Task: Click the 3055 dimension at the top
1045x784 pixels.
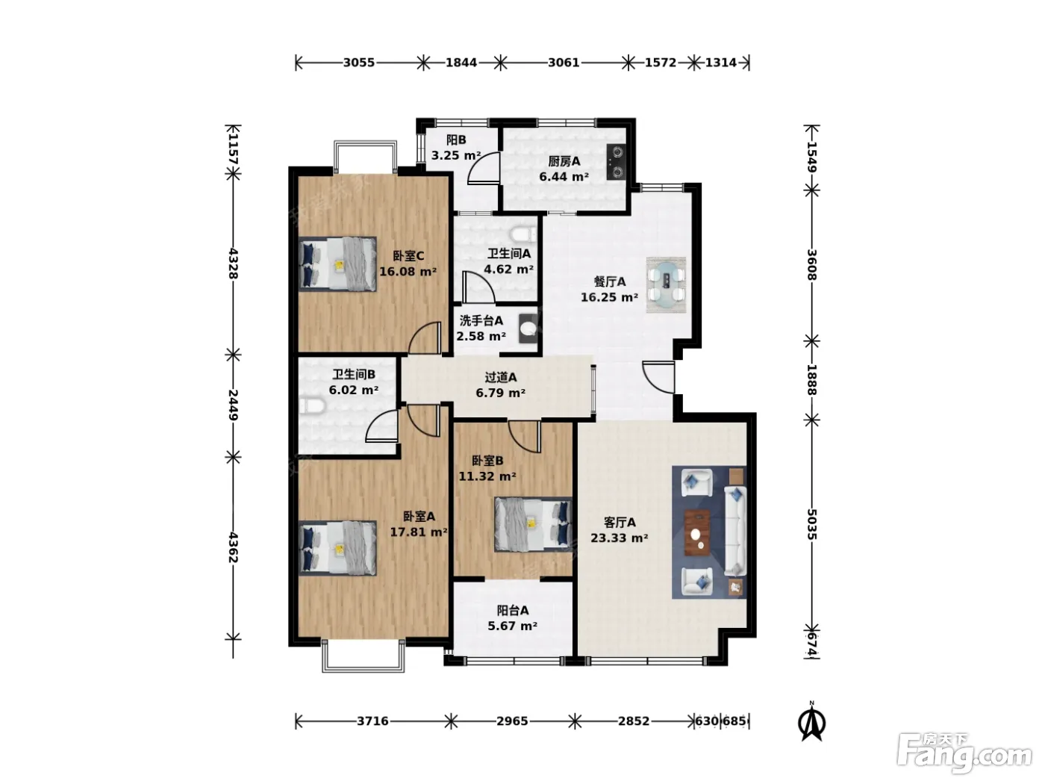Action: (x=359, y=63)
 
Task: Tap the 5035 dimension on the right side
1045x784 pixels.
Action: (x=811, y=524)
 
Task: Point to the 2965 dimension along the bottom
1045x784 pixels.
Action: (x=512, y=721)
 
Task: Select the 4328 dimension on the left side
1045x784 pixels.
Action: (x=234, y=264)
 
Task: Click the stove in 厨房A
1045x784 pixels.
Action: (x=617, y=161)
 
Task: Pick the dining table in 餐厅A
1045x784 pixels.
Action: (x=666, y=285)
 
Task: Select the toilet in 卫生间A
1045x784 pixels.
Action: (x=522, y=234)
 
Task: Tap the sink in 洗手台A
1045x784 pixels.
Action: (x=528, y=329)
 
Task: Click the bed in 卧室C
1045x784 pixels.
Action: (x=337, y=264)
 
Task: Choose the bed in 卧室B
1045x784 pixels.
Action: (x=533, y=525)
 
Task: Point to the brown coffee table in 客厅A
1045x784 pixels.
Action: (x=697, y=532)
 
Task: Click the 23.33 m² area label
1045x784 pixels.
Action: (x=620, y=538)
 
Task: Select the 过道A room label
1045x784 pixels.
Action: (x=501, y=378)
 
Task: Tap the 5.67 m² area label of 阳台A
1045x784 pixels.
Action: (x=513, y=626)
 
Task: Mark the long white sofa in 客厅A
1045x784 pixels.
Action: (x=735, y=531)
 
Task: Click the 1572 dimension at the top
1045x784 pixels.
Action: (x=661, y=63)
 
